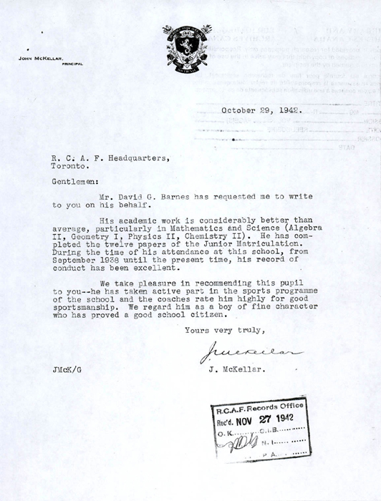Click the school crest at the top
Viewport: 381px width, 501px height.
tap(187, 47)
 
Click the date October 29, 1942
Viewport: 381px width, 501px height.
tap(261, 111)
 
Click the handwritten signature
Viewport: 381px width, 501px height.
tap(250, 352)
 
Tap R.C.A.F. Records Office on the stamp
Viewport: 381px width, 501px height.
tap(261, 408)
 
